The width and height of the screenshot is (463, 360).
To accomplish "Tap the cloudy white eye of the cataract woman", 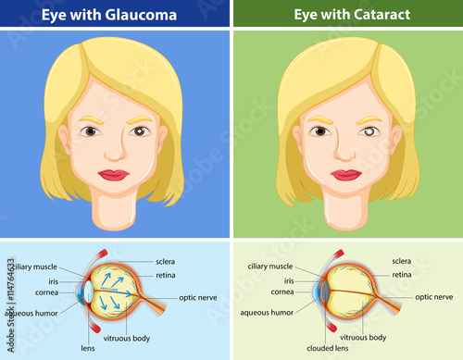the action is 369,131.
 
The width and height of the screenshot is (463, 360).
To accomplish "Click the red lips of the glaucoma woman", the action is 113,175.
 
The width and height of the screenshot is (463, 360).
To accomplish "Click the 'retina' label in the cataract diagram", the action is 402,275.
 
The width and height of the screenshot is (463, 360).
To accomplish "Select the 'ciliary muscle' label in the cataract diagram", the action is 270,267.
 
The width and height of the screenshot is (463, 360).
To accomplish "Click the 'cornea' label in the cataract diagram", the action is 282,292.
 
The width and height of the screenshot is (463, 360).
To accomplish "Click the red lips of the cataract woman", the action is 345,175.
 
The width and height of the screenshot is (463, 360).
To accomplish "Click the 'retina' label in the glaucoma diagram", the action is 166,275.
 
